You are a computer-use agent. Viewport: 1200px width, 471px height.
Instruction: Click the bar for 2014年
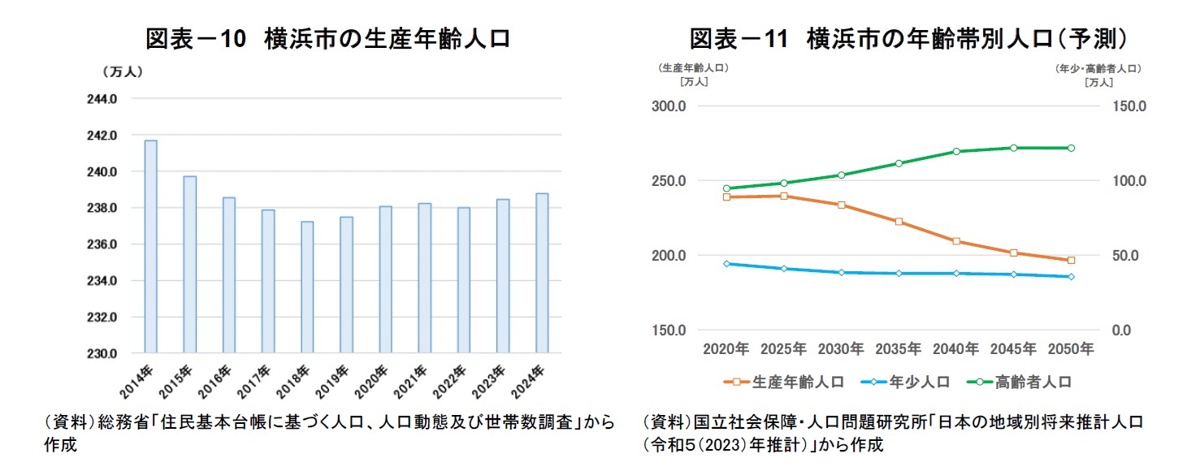[150, 247]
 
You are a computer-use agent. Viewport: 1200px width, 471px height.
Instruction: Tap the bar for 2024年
[542, 273]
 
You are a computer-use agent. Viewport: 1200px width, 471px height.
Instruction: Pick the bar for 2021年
[425, 278]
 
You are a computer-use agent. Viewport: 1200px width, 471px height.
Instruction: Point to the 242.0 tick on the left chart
[102, 136]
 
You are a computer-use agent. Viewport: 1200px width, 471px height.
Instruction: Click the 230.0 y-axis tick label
[102, 353]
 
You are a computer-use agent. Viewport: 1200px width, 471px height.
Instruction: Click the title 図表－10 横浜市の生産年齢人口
[328, 38]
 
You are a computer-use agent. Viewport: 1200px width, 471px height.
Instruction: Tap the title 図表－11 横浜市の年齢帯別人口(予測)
[908, 38]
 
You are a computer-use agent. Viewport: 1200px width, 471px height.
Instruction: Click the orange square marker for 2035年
[899, 222]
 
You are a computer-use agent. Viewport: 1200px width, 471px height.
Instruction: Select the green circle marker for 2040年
[956, 152]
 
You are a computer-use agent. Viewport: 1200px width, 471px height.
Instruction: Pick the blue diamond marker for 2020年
[726, 264]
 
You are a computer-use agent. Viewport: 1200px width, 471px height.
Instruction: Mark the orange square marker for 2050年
[1071, 260]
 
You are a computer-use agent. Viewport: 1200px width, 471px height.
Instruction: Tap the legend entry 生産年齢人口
[786, 381]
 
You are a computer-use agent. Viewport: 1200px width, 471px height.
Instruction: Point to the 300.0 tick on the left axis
[670, 106]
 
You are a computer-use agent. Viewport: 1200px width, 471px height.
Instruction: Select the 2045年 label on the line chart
[1013, 349]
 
